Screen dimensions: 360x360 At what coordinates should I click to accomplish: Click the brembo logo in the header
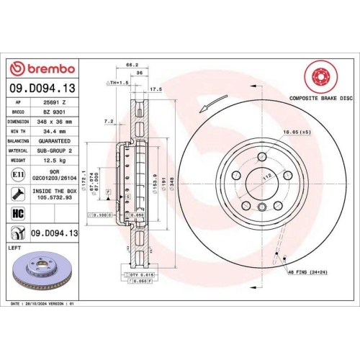point(41,68)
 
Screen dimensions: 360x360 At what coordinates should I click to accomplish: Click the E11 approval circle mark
point(17,174)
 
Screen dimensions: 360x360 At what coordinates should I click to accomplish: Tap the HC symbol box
point(17,212)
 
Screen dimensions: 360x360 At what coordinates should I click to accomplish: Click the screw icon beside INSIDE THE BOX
point(17,193)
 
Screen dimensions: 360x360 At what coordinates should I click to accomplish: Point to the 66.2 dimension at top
point(132,65)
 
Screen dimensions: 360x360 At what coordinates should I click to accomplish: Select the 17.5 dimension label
point(154,90)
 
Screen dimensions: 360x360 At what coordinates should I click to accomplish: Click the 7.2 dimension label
point(109,121)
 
